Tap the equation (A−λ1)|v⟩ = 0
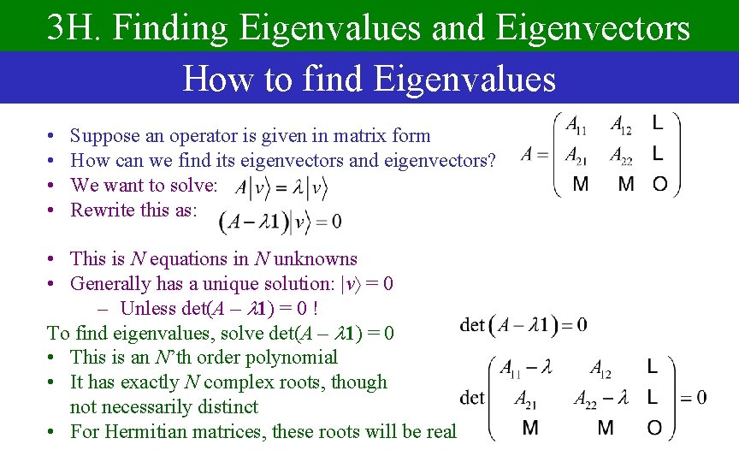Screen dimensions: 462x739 point(281,222)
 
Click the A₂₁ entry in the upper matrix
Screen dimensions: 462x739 point(576,155)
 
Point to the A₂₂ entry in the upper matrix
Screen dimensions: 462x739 point(622,155)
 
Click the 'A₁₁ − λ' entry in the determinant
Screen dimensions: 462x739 point(526,368)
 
